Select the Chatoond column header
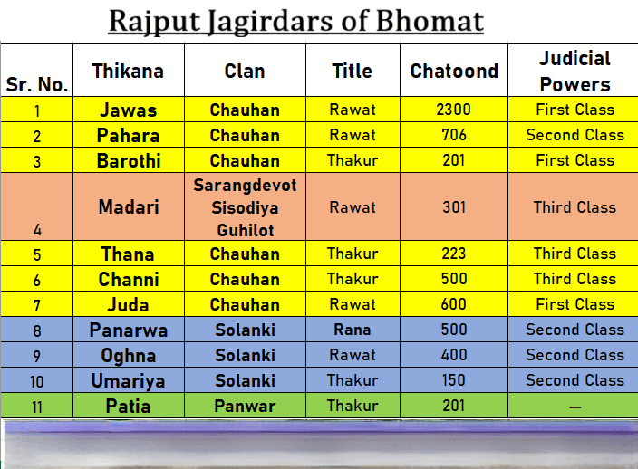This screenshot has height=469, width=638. coord(454,72)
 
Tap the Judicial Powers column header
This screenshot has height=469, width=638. coord(575,72)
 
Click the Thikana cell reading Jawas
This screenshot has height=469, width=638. coord(129,110)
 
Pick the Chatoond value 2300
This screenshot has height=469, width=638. coord(454,110)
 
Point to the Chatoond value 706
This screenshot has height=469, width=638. coord(454,135)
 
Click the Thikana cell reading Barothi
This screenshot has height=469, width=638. coord(129,161)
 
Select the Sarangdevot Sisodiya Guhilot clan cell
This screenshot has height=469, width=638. coord(245,207)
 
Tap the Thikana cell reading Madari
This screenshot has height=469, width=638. coord(129,207)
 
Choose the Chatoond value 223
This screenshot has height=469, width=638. coord(454,254)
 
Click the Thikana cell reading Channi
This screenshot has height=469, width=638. coord(129,280)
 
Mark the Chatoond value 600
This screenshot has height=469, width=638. coord(454,304)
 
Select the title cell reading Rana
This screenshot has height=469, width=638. coord(353,330)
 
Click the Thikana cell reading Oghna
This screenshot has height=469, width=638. coord(129,356)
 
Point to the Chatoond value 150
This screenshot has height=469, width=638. coord(454,380)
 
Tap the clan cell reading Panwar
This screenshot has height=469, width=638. coord(245,406)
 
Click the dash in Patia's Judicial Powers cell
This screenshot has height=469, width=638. coord(575,407)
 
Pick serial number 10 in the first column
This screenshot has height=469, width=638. coord(36,382)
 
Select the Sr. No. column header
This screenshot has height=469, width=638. coord(36,84)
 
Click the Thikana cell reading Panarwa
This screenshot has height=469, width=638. coord(129,330)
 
